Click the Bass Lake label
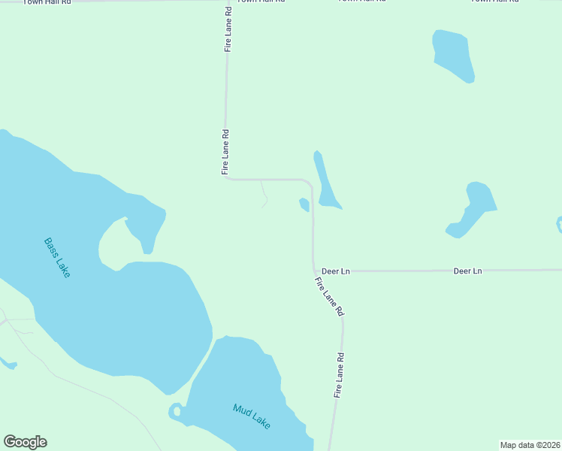pos(56,258)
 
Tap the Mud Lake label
pos(251,416)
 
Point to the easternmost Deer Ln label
pos(467,271)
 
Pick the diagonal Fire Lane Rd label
pos(329,296)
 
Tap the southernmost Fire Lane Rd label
pos(340,375)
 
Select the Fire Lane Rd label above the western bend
pos(225,153)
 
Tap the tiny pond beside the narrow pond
pos(304,204)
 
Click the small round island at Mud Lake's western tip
pos(176,410)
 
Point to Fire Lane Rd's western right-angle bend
pos(227,178)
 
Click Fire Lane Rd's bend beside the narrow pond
pos(310,183)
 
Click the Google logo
pos(25,442)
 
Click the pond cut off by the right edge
pos(559,224)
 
